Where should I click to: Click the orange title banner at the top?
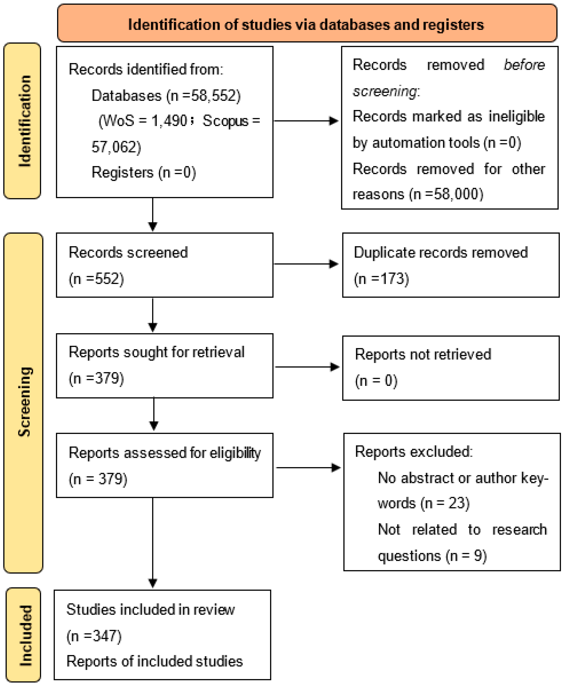pos(307,23)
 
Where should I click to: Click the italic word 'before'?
pos(524,65)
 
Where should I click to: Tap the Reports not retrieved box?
pos(451,368)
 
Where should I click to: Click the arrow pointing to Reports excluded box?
pos(308,468)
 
